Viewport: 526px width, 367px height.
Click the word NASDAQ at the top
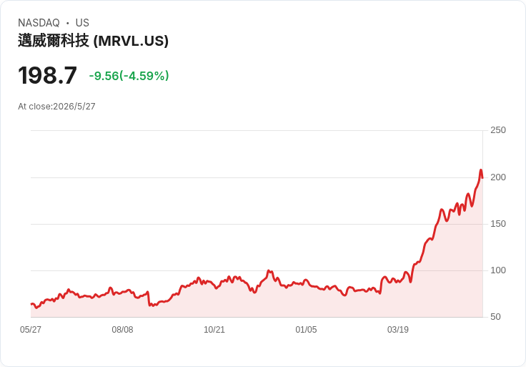tap(39, 23)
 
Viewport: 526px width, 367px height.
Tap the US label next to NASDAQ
tap(82, 23)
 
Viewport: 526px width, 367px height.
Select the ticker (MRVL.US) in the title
tap(131, 41)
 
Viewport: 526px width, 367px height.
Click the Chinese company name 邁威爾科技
tap(54, 41)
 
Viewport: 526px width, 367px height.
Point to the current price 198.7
tap(47, 76)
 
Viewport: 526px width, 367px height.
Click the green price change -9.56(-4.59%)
tap(129, 76)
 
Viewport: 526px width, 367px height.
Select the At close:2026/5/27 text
tap(56, 107)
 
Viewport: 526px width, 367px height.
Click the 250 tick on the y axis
tap(498, 130)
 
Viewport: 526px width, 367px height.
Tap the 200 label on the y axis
tap(498, 177)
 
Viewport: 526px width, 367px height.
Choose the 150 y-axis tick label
tap(498, 224)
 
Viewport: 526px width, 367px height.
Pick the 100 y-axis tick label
tap(498, 270)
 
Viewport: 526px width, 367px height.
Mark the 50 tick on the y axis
tap(495, 317)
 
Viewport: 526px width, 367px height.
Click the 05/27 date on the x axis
tap(31, 330)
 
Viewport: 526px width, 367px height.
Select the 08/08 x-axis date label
tap(122, 330)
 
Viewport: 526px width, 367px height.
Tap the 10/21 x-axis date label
tap(214, 330)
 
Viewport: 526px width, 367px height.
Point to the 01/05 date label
tap(306, 330)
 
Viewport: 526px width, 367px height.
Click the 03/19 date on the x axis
tap(398, 330)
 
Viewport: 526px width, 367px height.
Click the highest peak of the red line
tap(481, 170)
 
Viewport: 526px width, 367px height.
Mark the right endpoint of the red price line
tap(482, 177)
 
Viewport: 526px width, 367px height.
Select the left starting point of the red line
tap(31, 304)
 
